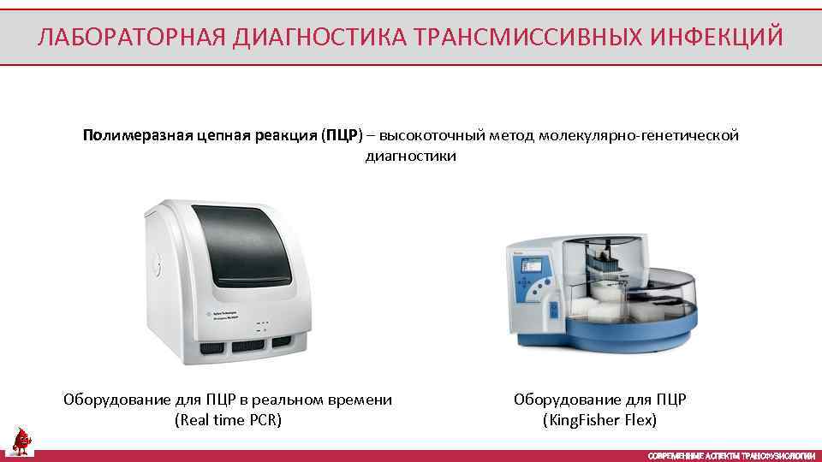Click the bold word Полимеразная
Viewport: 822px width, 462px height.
tap(129, 136)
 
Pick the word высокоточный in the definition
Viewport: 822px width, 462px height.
tap(432, 136)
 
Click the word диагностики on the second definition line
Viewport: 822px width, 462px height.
tap(411, 157)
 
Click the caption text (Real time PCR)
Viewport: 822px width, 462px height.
tap(228, 420)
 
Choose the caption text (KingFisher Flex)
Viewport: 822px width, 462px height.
tap(599, 420)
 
